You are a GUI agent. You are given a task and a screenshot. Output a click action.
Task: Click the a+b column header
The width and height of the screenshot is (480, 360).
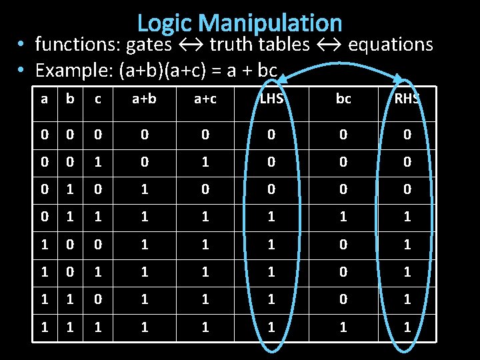click(145, 100)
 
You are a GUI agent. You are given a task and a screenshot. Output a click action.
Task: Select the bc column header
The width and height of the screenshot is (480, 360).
click(343, 100)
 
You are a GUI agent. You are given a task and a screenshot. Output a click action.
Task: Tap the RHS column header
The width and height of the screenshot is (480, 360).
click(407, 100)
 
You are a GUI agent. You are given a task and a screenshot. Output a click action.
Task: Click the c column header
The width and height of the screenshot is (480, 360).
click(98, 100)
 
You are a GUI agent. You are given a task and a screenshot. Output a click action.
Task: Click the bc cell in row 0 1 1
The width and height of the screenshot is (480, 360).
click(343, 217)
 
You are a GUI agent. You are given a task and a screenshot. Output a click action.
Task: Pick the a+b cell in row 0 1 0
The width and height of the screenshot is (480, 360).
click(145, 190)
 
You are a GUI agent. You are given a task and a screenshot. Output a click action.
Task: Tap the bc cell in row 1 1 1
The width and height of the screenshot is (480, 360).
click(343, 327)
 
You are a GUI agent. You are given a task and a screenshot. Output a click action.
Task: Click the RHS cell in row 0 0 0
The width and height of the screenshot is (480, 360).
click(407, 135)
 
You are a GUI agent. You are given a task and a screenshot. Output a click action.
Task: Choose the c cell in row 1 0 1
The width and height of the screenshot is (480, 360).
click(98, 273)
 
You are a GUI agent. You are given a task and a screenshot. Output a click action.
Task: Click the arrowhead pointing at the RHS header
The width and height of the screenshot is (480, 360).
click(399, 78)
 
